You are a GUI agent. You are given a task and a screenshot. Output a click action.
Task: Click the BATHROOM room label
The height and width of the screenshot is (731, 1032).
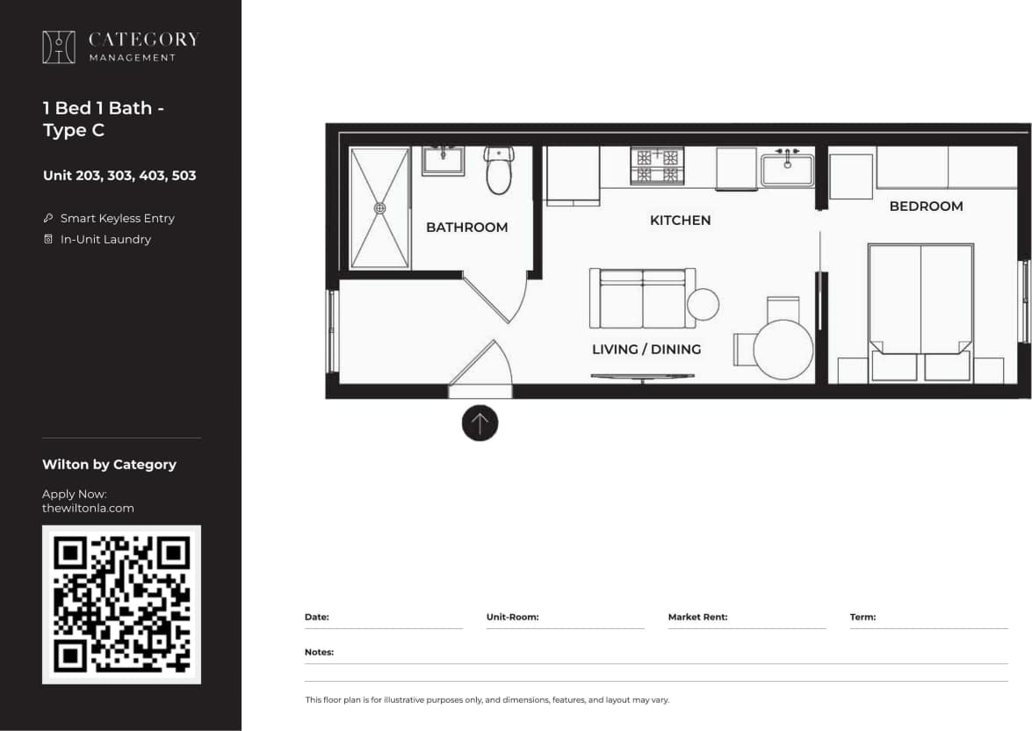466,227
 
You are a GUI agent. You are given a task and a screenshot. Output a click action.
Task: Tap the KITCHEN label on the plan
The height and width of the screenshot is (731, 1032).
680,220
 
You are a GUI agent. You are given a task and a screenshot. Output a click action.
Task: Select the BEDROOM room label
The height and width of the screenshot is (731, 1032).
926,206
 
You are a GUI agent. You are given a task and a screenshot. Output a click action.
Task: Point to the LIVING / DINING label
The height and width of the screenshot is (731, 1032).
646,349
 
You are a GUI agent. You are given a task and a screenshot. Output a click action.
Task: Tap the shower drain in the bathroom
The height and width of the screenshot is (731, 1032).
380,208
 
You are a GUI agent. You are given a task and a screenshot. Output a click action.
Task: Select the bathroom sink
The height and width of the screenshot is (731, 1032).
443,161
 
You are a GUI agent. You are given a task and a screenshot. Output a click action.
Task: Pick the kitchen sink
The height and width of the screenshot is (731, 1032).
787,167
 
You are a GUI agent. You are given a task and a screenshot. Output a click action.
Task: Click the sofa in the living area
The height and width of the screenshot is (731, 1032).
643,299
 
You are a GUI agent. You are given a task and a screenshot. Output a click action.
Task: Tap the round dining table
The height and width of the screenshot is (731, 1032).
783,350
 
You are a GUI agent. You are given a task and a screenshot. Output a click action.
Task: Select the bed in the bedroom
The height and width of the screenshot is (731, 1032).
920,303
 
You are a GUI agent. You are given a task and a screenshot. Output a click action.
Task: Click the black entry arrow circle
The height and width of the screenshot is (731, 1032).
480,423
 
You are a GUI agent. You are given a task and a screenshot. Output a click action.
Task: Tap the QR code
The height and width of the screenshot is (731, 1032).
121,604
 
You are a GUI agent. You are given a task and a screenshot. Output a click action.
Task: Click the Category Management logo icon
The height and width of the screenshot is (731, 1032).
59,47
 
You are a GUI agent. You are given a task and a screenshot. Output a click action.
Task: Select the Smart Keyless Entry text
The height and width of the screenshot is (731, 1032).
117,218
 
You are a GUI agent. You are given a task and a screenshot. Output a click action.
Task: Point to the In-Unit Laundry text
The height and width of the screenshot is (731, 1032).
105,239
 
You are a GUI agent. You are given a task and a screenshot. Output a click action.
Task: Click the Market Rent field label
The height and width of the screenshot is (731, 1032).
697,617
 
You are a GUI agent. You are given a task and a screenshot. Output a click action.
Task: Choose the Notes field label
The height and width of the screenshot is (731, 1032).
319,652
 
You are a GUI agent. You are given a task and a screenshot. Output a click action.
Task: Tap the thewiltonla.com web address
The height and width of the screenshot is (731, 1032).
88,508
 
